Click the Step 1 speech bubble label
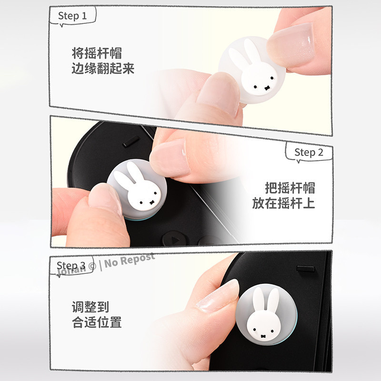(x=72, y=16)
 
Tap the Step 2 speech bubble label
(x=309, y=152)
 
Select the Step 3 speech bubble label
(x=71, y=265)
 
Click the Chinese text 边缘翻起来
(x=103, y=68)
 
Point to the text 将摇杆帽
(x=97, y=53)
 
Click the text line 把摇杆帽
(x=290, y=188)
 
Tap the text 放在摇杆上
(x=283, y=203)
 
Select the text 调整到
(x=90, y=307)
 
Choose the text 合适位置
(x=97, y=322)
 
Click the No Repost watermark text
(x=130, y=261)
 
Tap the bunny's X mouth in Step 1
(x=267, y=88)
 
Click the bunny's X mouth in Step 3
(x=263, y=337)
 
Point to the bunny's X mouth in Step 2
(x=152, y=202)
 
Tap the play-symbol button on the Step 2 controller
(x=174, y=240)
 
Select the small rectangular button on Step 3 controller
(x=305, y=269)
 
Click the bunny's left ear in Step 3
(x=258, y=299)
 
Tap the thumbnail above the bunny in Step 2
(x=170, y=158)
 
